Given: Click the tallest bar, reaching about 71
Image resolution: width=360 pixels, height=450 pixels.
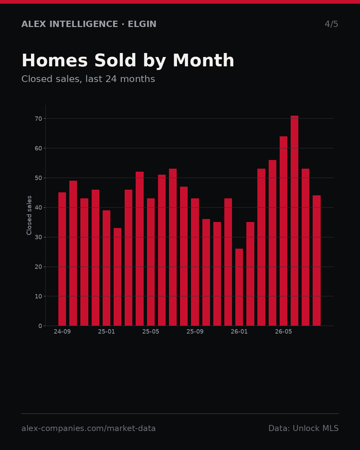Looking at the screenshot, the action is pyautogui.click(x=294, y=221).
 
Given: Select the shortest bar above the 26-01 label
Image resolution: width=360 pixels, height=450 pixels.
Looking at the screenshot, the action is pyautogui.click(x=239, y=287).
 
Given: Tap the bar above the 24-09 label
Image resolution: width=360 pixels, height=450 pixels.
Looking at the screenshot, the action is pyautogui.click(x=62, y=259).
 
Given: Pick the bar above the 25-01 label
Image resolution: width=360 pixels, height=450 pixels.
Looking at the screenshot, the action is pyautogui.click(x=106, y=268).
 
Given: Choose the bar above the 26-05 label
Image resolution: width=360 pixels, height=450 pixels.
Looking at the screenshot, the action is pyautogui.click(x=283, y=231).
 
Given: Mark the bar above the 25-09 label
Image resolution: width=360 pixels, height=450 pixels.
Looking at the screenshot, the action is pyautogui.click(x=195, y=262).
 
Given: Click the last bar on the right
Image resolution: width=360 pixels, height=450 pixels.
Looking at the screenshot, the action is pyautogui.click(x=317, y=261).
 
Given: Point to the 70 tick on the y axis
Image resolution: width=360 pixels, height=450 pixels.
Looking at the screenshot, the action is pyautogui.click(x=38, y=119).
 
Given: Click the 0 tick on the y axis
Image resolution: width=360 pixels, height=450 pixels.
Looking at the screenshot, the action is pyautogui.click(x=40, y=326).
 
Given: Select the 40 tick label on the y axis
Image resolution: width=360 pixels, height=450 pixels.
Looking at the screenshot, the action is pyautogui.click(x=38, y=208).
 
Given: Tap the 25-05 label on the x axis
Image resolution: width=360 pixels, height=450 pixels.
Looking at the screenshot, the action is pyautogui.click(x=151, y=332).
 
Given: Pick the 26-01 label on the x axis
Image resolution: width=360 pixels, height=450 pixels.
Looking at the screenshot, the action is pyautogui.click(x=239, y=332).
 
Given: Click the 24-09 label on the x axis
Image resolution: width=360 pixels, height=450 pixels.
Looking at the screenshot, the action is pyautogui.click(x=62, y=332).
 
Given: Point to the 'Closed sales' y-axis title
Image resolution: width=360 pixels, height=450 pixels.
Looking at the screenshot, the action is pyautogui.click(x=29, y=215).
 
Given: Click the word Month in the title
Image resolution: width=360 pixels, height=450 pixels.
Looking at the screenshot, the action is pyautogui.click(x=203, y=60).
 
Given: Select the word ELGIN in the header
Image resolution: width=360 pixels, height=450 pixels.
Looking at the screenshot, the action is pyautogui.click(x=142, y=24).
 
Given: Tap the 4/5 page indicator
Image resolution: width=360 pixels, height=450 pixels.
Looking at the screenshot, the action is pyautogui.click(x=331, y=24).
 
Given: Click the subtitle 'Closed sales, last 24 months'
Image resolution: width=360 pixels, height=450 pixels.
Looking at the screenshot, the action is pyautogui.click(x=88, y=79).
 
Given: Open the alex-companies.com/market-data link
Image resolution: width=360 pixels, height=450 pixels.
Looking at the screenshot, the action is pyautogui.click(x=88, y=428).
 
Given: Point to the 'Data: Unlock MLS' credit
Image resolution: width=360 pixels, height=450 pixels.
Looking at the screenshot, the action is pyautogui.click(x=303, y=428).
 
